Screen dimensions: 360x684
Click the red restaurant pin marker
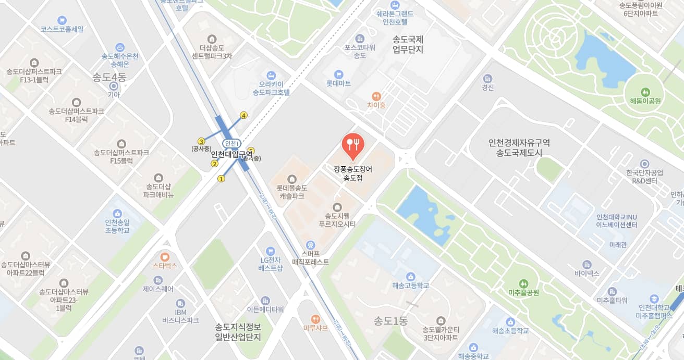(353, 145)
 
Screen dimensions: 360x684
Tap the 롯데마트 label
(338, 83)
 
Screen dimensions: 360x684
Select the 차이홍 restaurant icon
(376, 96)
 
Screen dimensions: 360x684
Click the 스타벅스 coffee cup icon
(165, 256)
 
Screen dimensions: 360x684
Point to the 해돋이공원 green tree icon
(644, 92)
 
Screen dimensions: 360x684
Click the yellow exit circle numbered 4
(243, 115)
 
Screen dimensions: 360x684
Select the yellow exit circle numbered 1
(221, 179)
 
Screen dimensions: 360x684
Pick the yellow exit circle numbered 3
(201, 141)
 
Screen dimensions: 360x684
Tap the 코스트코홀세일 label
(62, 29)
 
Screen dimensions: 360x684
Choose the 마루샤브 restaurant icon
(315, 319)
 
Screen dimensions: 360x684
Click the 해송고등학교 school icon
(410, 276)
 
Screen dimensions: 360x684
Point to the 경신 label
(487, 88)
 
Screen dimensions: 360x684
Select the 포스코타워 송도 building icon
(359, 39)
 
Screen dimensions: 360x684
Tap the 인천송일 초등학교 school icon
(117, 213)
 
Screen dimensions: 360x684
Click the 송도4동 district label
(109, 78)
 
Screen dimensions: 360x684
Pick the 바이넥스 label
(587, 273)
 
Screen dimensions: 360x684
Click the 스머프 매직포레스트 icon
(311, 245)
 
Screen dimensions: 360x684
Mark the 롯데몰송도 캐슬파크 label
(292, 192)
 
